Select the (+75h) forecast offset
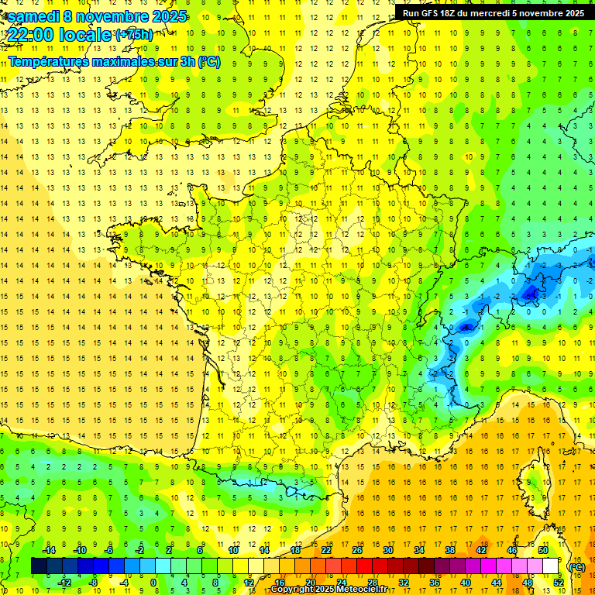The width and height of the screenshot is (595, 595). [x=134, y=35]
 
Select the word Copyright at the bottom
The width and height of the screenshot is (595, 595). [x=292, y=590]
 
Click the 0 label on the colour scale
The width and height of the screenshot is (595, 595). [x=153, y=583]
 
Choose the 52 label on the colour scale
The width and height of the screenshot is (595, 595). [x=558, y=583]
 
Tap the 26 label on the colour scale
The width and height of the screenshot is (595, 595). [x=357, y=550]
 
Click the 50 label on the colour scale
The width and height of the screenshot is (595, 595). [x=543, y=550]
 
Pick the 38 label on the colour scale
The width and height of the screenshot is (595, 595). [x=450, y=550]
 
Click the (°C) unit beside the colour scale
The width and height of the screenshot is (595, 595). [x=576, y=567]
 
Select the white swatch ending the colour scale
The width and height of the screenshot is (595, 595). [x=551, y=566]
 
